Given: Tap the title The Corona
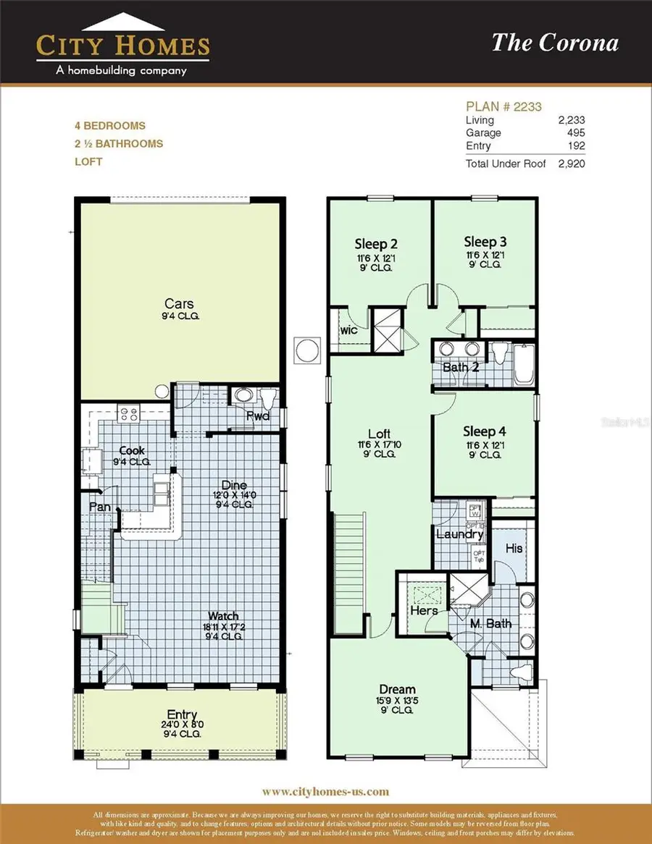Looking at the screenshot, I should (x=555, y=43).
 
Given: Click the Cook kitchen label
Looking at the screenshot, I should (x=132, y=451).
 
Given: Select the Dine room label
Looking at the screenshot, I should (x=234, y=485).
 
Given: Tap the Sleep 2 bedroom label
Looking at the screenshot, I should (x=375, y=243).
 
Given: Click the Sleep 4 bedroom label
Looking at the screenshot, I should (x=485, y=431).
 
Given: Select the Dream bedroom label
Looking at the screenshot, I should (x=397, y=689).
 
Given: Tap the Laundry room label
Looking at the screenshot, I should (x=459, y=534).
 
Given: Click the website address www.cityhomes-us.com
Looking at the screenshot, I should (x=325, y=791).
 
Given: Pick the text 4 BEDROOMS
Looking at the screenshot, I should (x=109, y=126).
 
